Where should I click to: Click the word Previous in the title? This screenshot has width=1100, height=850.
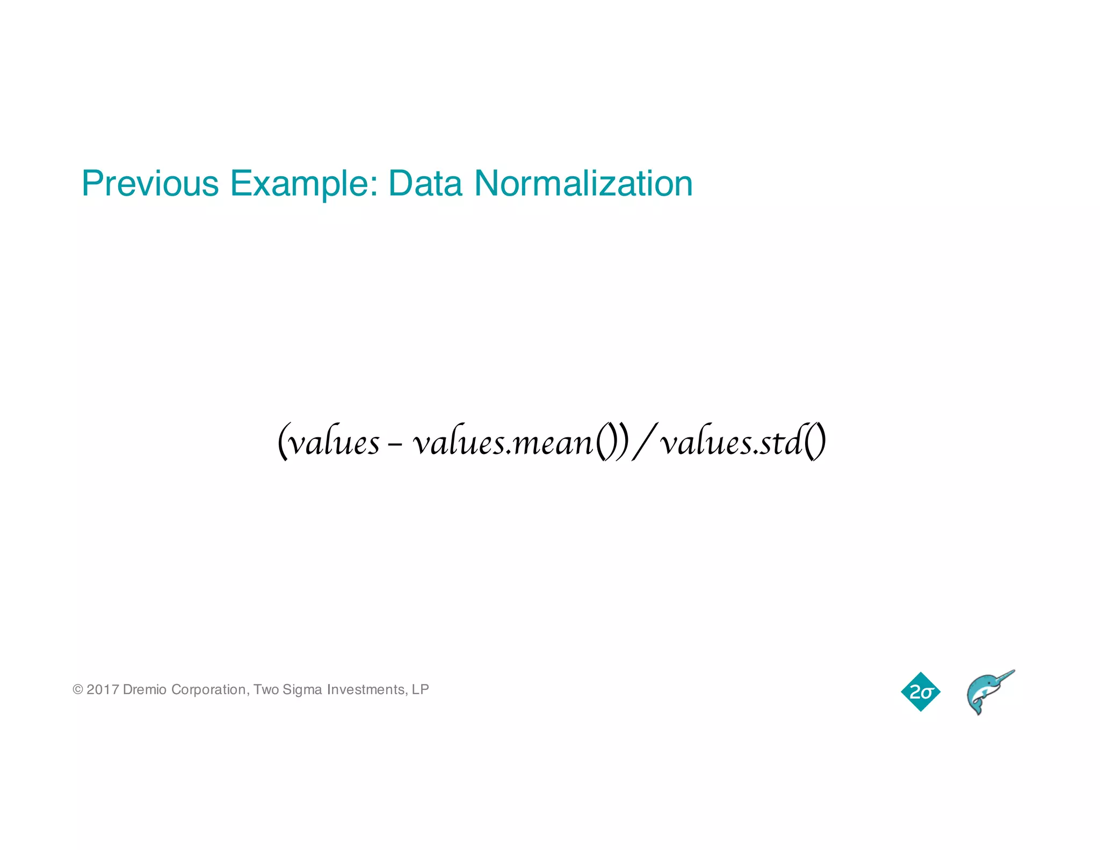tap(150, 184)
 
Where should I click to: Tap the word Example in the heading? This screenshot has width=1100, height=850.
tap(304, 184)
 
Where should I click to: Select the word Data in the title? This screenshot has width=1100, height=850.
tap(425, 184)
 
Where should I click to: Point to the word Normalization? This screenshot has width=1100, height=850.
tap(583, 184)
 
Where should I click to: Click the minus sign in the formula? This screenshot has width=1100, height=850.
tap(395, 445)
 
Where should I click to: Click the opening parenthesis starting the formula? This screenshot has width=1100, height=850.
tap(283, 442)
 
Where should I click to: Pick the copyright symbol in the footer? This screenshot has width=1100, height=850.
tap(78, 689)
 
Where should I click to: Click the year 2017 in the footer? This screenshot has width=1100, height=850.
tap(103, 689)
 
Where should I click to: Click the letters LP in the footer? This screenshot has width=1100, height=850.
tap(421, 689)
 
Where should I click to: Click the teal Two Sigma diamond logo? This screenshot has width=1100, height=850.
tap(921, 691)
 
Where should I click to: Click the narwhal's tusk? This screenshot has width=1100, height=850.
tap(1003, 676)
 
